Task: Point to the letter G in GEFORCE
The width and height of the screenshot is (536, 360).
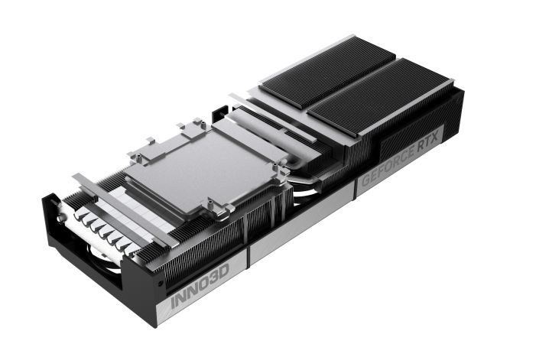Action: coord(366,180)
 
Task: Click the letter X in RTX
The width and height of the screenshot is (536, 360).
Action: coord(434,138)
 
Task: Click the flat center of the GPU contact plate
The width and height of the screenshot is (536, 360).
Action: coord(202,167)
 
